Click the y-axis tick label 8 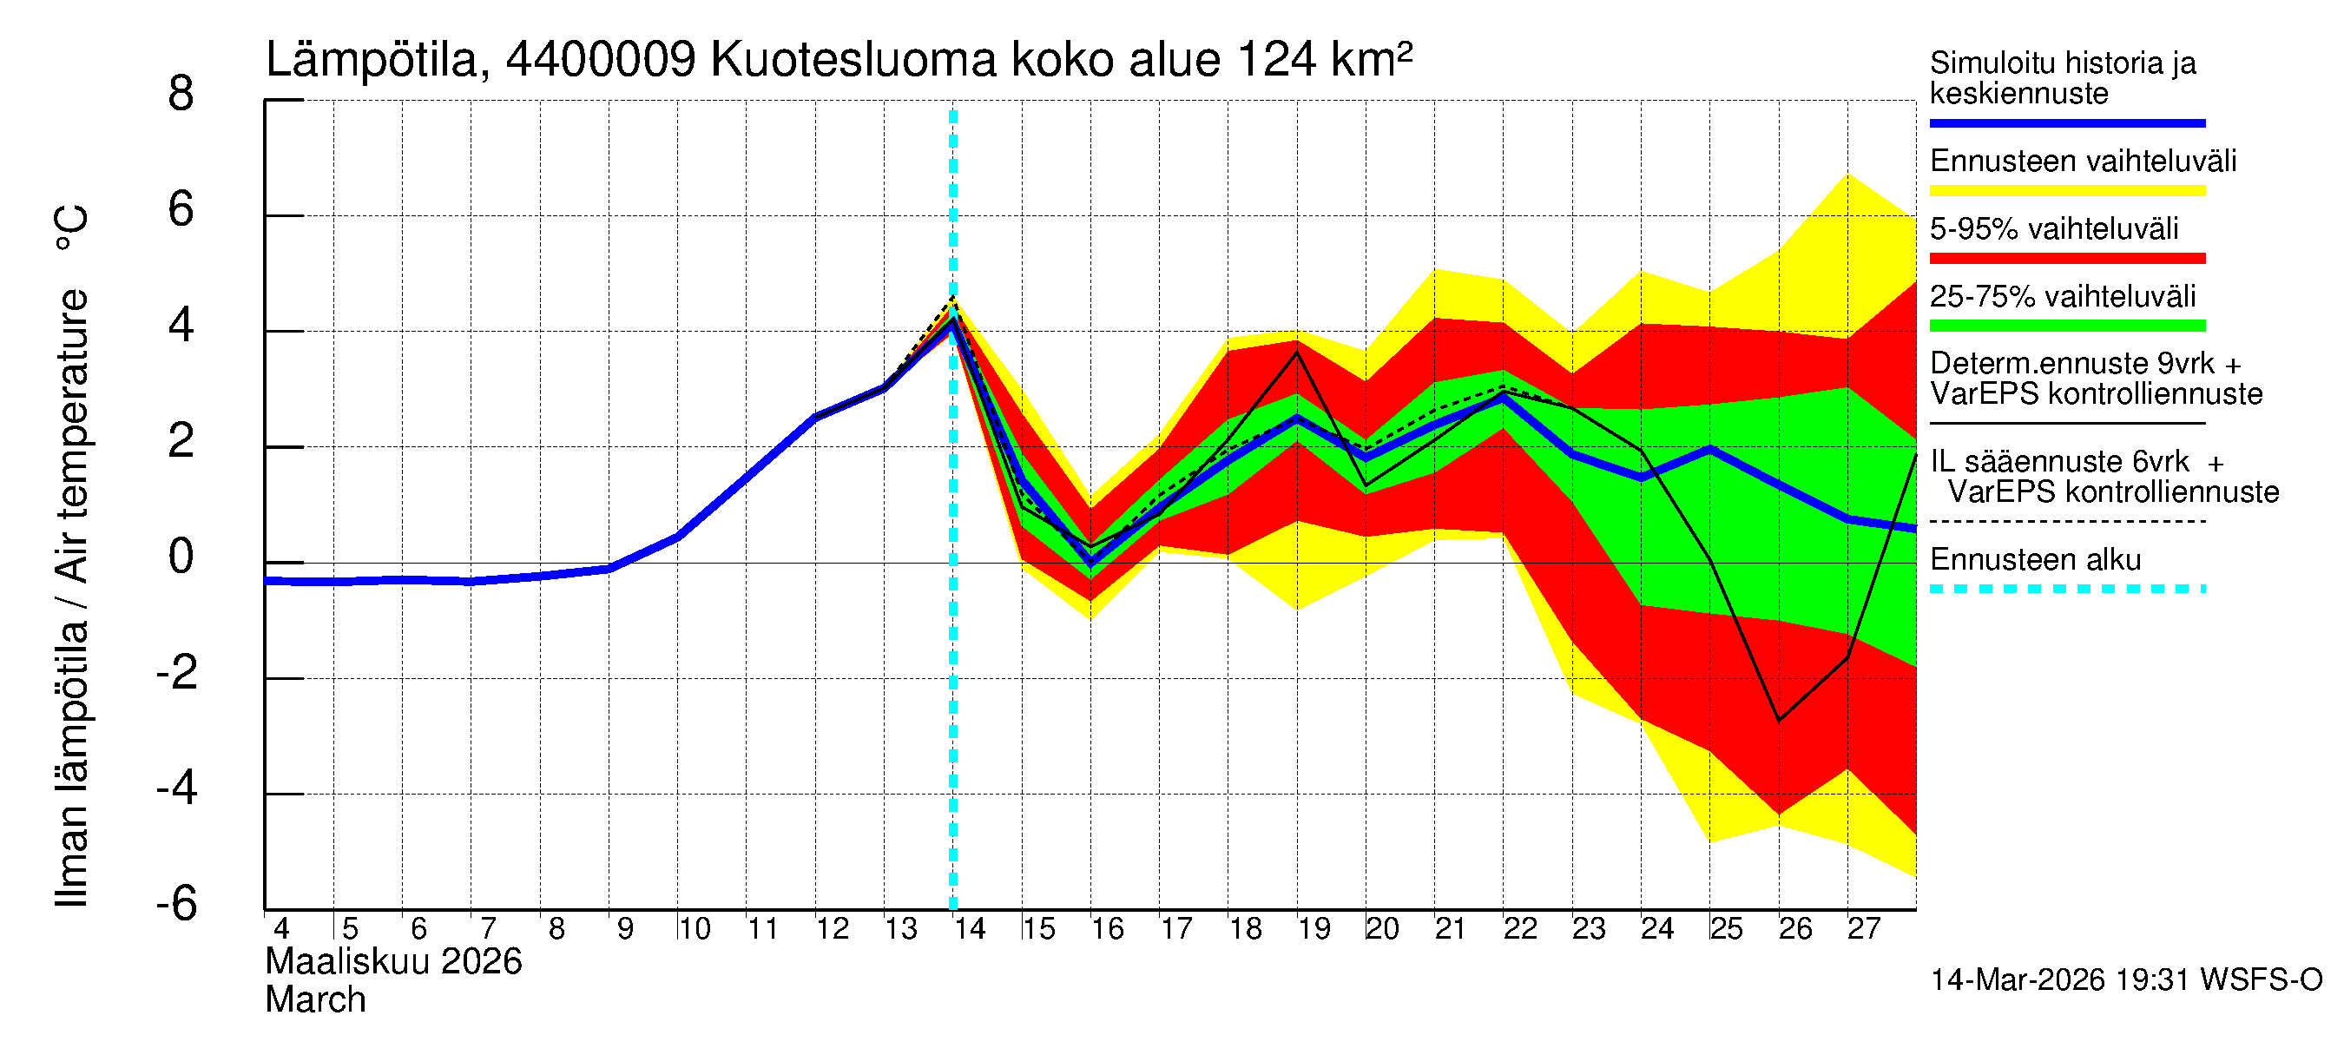click(181, 94)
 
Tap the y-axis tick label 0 click(181, 556)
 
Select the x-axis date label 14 click(969, 929)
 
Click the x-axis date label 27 click(1863, 929)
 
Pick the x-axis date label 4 click(281, 929)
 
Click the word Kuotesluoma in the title click(853, 60)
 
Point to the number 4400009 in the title click(601, 60)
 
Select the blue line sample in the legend click(2066, 122)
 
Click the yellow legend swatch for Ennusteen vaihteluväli click(2066, 191)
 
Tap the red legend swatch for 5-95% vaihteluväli click(2066, 259)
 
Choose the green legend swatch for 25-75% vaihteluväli click(2066, 326)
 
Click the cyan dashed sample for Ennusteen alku click(2066, 589)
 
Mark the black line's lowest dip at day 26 click(1779, 721)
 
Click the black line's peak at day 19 click(1298, 353)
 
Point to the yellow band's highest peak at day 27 click(1848, 174)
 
